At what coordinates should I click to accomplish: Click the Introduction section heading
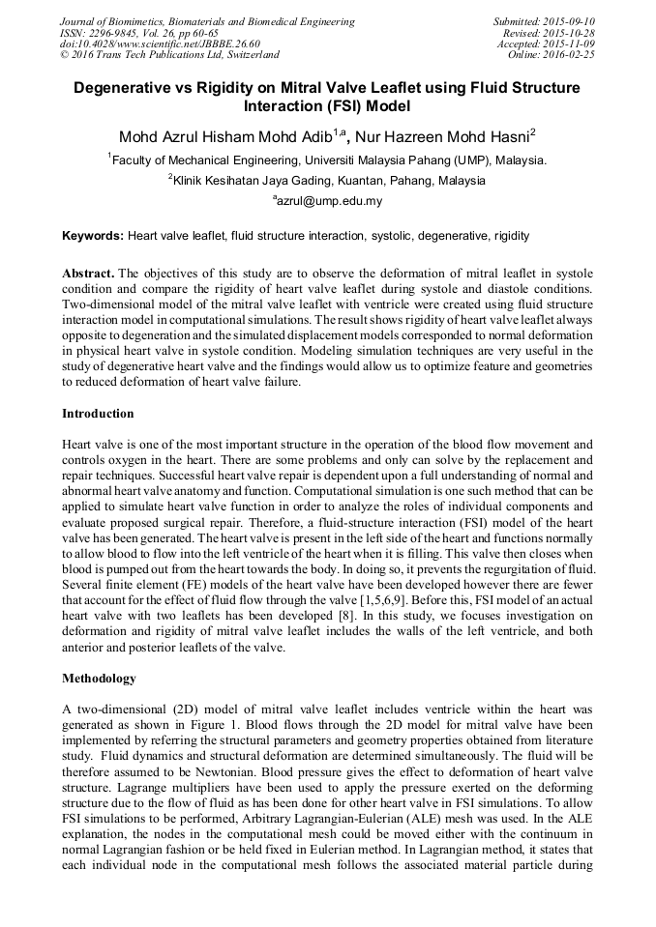point(98,414)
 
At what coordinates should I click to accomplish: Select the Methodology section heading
point(99,679)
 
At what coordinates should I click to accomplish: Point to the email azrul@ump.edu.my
point(328,201)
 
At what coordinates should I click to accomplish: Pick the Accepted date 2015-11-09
point(569,44)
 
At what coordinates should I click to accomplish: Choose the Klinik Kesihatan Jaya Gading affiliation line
point(328,181)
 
